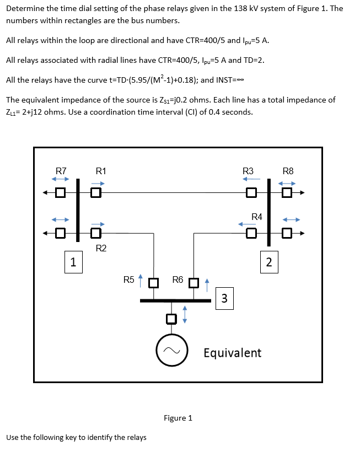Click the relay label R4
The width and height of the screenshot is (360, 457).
coord(257,216)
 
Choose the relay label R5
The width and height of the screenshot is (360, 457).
coord(129,279)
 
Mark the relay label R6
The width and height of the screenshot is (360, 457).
coord(178,279)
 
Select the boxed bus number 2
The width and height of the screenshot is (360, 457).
coord(268,261)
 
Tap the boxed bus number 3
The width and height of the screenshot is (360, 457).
coord(224,298)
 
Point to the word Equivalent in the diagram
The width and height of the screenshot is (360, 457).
coord(232,352)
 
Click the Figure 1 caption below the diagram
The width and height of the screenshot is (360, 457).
coord(178,418)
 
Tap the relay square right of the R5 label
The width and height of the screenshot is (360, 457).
coord(153,284)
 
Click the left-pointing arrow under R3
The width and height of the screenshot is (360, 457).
coord(252,179)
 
